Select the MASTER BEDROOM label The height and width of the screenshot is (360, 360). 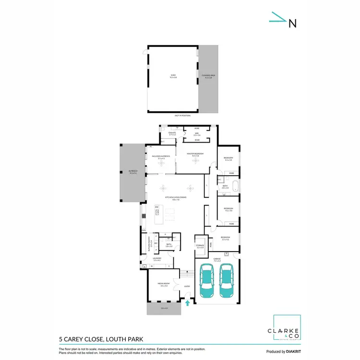[196, 155]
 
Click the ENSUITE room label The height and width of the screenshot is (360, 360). [166, 134]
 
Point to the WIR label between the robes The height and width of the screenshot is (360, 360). [197, 135]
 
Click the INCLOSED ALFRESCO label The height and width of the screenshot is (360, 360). [158, 157]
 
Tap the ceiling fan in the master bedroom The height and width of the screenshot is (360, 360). [195, 162]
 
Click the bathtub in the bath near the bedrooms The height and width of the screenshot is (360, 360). [235, 187]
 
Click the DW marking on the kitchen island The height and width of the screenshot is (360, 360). [156, 206]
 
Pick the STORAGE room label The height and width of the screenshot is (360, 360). [200, 246]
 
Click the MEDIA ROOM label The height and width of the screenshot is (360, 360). [164, 284]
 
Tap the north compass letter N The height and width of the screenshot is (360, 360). [292, 23]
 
